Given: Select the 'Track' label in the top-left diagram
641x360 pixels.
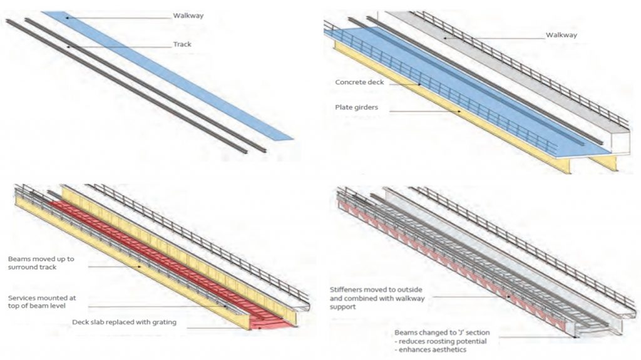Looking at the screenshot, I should coord(182,45).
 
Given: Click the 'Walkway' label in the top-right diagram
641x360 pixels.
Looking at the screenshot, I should coord(561,36).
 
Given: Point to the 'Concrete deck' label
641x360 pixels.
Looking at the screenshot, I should coord(359,83).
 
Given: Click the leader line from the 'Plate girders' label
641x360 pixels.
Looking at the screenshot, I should coord(426,111).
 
